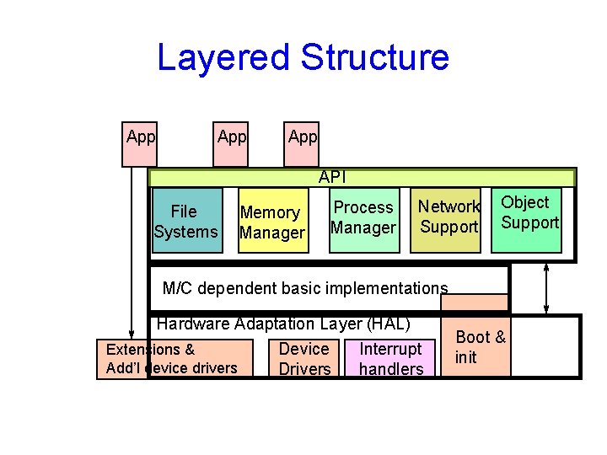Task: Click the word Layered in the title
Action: (223, 58)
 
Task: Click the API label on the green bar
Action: (332, 178)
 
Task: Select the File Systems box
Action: (185, 222)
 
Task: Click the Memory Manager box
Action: (271, 222)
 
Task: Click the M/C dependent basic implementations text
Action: (304, 288)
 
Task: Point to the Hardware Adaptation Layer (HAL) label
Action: (283, 324)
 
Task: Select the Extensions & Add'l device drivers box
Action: (174, 358)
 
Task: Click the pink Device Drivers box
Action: (303, 358)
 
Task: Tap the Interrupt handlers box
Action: (390, 358)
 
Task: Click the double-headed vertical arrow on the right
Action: (548, 288)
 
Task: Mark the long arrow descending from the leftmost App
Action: (131, 253)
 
